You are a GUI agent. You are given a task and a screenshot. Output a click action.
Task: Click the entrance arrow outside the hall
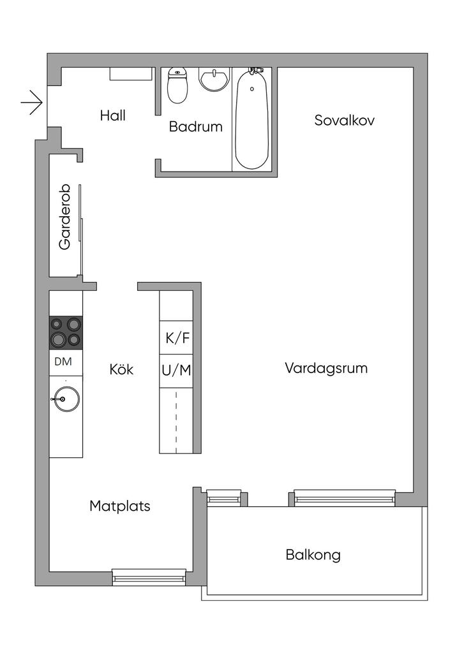tap(32, 102)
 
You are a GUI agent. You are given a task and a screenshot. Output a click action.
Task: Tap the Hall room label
tap(112, 115)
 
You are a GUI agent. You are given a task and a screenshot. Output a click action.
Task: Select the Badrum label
tap(195, 127)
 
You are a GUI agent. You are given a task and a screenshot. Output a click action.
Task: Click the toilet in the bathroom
tap(177, 85)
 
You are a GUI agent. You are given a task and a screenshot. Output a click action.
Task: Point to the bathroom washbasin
tap(214, 79)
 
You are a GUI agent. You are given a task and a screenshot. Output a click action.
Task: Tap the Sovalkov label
tap(344, 121)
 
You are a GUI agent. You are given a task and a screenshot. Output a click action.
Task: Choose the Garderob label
tap(65, 217)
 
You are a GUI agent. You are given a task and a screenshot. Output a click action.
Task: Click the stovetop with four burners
tap(66, 332)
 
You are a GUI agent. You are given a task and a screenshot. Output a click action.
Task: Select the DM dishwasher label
tap(63, 362)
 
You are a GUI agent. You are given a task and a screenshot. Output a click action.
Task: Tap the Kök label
tap(121, 369)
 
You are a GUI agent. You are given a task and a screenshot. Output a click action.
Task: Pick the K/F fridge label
tap(177, 338)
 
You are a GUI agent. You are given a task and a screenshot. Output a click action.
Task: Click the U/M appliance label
tap(177, 370)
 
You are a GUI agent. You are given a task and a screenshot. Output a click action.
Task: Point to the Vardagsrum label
tap(326, 368)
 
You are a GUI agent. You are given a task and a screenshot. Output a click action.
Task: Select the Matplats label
tap(119, 506)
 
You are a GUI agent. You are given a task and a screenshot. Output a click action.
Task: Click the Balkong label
tap(313, 555)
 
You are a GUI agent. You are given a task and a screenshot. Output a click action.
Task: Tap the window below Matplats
tap(149, 577)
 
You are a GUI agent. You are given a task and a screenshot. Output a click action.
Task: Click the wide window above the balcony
tap(345, 498)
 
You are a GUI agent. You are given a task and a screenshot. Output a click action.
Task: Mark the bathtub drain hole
tap(251, 89)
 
